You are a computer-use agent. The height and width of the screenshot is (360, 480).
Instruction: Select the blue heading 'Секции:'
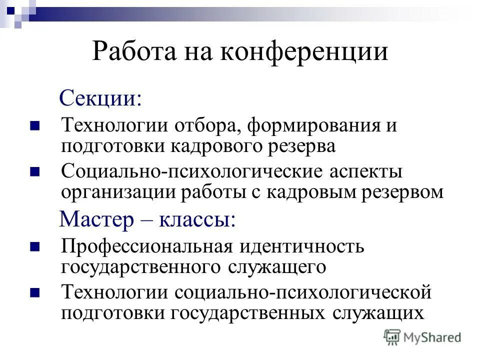[x=100, y=98]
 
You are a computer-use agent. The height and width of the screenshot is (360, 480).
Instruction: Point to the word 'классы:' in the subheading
[x=197, y=220]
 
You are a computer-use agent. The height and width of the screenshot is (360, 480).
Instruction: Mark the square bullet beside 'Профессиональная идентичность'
[x=34, y=246]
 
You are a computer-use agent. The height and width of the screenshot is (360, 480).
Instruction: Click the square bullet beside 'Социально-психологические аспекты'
[x=34, y=171]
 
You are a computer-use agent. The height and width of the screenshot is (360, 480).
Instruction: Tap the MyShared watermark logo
[x=422, y=337]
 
